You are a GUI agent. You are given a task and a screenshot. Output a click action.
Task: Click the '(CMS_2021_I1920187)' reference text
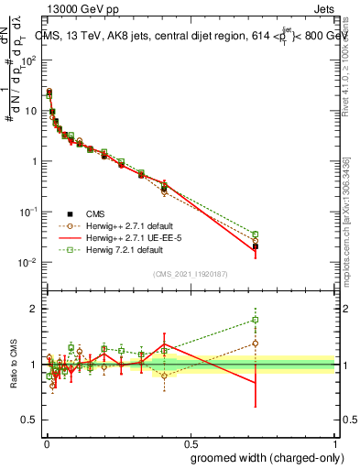click(191, 274)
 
